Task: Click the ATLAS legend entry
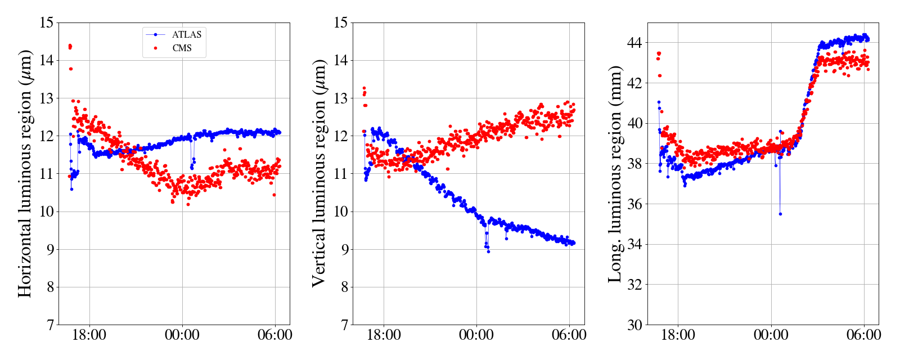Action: tap(186, 34)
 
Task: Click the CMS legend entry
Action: tap(182, 48)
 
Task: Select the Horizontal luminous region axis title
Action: tap(25, 174)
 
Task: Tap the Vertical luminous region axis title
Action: tap(319, 174)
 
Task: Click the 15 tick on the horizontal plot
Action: tap(47, 23)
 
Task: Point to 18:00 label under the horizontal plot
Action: tap(89, 335)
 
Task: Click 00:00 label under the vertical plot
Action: tap(476, 335)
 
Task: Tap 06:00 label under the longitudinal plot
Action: tap(863, 335)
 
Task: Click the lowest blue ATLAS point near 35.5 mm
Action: tap(780, 214)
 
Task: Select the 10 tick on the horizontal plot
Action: tap(47, 211)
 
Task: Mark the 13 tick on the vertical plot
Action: tap(341, 98)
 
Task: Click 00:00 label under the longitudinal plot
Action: tap(771, 335)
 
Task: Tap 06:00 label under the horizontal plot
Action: tap(274, 335)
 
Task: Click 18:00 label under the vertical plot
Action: tap(384, 335)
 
